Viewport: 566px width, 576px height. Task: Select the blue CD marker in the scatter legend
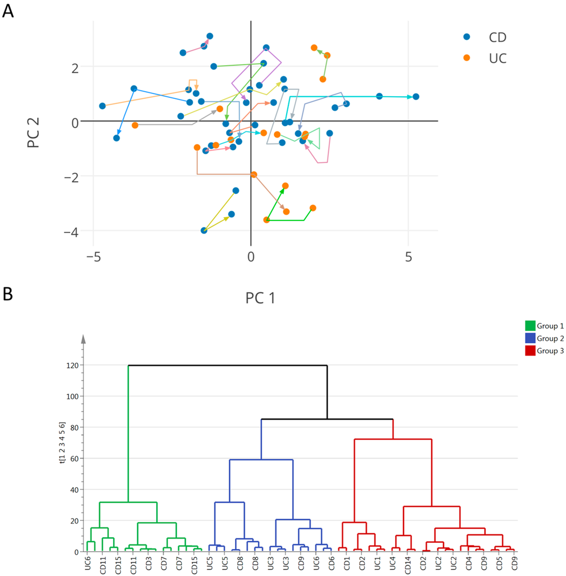pos(467,37)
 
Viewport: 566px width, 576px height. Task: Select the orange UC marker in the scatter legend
pos(467,58)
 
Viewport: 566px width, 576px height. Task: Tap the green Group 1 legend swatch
pos(530,326)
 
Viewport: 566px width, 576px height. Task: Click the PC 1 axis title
pos(260,298)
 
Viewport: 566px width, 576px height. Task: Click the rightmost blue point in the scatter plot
pos(416,97)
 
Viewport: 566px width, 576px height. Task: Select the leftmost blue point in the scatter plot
pos(102,106)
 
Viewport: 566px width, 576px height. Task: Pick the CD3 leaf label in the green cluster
pos(148,562)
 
